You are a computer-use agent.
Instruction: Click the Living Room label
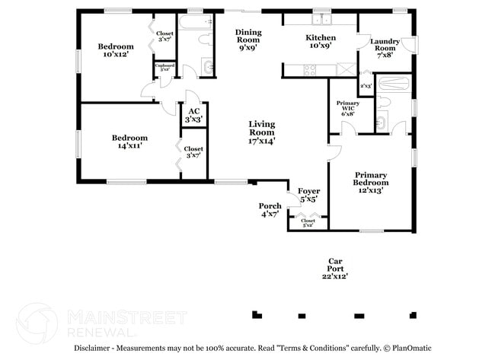click(x=261, y=132)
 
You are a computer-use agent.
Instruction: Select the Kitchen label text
click(x=321, y=41)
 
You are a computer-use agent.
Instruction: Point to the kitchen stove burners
click(x=311, y=70)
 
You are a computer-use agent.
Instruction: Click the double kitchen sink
click(x=326, y=19)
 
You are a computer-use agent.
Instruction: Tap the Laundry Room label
click(x=384, y=47)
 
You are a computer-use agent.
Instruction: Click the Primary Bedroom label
click(x=371, y=182)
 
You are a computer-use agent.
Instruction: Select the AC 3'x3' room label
click(x=194, y=115)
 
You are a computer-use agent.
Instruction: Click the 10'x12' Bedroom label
click(x=116, y=50)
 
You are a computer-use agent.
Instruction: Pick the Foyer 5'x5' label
click(x=308, y=195)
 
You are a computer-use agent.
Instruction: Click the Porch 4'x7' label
click(x=270, y=209)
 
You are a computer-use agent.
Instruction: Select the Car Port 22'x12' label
click(x=334, y=268)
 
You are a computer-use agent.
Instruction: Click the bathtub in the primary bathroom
click(x=393, y=83)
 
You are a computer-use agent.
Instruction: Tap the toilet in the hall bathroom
click(x=206, y=66)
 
